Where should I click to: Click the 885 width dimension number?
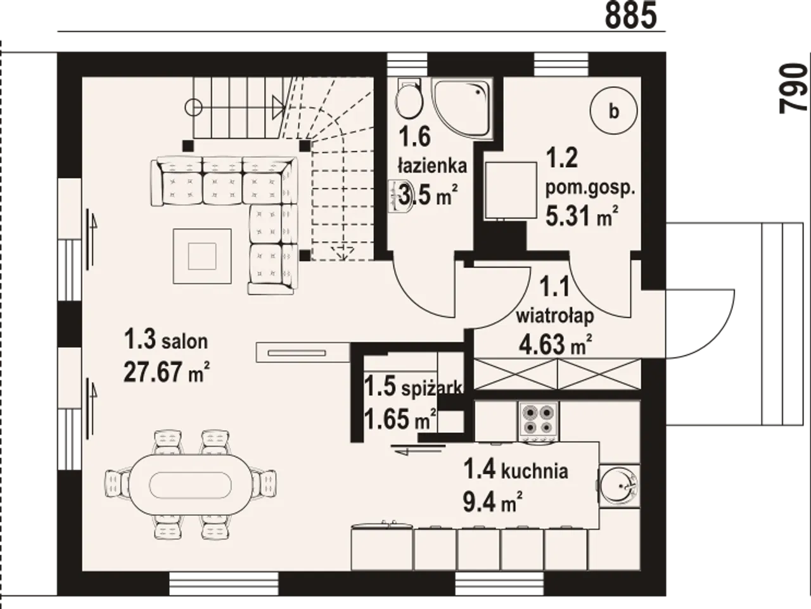[x=631, y=15]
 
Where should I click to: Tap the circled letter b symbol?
[x=614, y=110]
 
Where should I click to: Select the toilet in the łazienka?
[x=409, y=97]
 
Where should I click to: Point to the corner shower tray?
[x=463, y=108]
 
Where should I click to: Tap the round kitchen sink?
[x=619, y=485]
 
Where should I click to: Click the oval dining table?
[x=190, y=484]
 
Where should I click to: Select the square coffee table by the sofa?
[x=202, y=256]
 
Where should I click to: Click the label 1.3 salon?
[x=166, y=340]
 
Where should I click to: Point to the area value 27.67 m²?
[x=167, y=372]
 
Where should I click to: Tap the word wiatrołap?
[x=555, y=316]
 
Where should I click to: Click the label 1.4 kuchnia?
[x=515, y=470]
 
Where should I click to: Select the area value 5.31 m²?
[x=582, y=215]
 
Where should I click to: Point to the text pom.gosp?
[x=590, y=188]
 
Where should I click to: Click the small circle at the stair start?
[x=193, y=108]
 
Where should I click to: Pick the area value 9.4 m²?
[x=492, y=501]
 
